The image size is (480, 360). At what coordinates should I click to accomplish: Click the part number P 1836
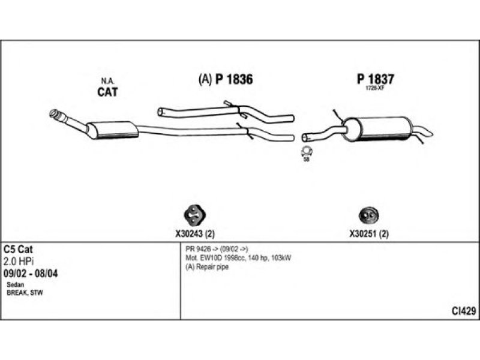234,79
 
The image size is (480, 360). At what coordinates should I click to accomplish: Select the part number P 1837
376,79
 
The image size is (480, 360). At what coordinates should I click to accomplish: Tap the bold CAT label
107,92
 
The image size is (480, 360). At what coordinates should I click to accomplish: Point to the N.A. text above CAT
107,81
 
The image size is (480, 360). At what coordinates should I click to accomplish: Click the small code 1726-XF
375,88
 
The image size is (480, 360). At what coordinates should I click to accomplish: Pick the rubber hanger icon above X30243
194,215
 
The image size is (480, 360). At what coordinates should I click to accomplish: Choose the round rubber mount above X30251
368,215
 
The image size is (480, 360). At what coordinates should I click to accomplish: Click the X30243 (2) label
194,234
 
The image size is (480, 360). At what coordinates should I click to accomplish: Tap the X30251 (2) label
369,234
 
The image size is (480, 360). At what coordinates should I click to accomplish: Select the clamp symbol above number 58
307,151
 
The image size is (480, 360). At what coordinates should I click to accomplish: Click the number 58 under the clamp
306,160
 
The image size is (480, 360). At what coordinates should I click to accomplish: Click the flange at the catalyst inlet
54,113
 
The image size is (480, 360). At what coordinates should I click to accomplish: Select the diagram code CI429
464,311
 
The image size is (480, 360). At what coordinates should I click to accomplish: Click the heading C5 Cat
18,249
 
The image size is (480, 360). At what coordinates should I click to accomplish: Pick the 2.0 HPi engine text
19,261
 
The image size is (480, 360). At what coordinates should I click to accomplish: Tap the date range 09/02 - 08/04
31,274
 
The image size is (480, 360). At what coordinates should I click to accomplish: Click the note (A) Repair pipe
207,267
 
